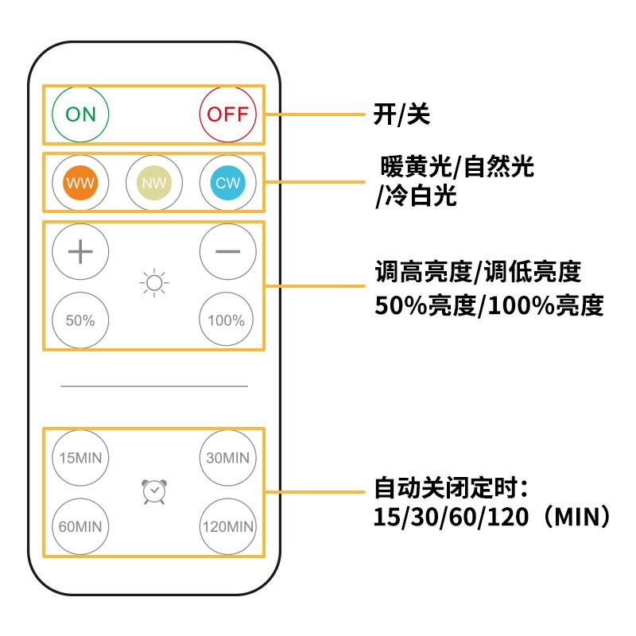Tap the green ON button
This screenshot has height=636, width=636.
(80, 114)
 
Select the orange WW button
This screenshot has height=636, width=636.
(80, 183)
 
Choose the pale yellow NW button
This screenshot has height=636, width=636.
(154, 183)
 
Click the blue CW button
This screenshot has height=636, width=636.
(227, 183)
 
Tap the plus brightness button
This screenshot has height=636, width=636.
(80, 251)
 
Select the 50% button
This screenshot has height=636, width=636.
(80, 320)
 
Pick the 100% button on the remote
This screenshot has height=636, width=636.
(227, 320)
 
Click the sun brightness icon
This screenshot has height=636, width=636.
(154, 284)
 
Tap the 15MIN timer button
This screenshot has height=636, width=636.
(80, 458)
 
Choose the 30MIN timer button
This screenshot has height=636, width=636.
(227, 458)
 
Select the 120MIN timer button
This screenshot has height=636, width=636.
(227, 526)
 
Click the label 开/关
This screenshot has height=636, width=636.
(401, 115)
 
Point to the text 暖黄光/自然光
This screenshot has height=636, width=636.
(456, 168)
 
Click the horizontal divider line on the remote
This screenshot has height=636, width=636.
(154, 386)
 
